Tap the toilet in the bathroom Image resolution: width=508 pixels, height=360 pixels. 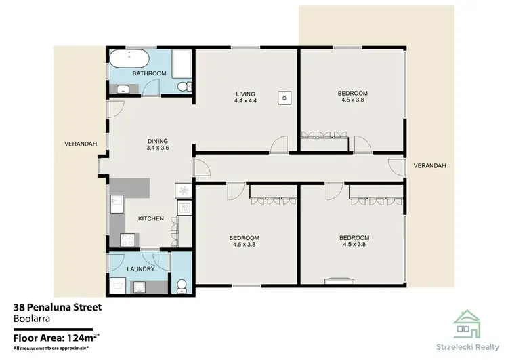[x=182, y=86]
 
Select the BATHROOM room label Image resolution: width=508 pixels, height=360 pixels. [x=149, y=73]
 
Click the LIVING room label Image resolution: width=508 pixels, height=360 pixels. [x=245, y=93]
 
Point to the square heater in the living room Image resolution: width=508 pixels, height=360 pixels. [x=284, y=98]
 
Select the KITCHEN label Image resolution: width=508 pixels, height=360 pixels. [x=152, y=219]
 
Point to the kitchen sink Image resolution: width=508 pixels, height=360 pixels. [x=116, y=201]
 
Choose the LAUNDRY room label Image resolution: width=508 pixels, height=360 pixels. [x=141, y=269]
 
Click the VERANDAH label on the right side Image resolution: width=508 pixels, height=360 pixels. [x=429, y=165]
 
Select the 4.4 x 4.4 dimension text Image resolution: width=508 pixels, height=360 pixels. [x=245, y=101]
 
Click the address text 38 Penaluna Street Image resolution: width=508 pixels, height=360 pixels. [x=58, y=307]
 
